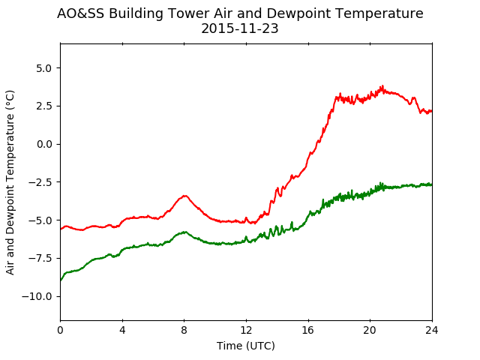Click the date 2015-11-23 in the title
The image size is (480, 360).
(240, 28)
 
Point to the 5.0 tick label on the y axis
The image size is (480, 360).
(43, 68)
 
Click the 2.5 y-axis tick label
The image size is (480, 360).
(43, 106)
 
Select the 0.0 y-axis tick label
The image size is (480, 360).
(43, 144)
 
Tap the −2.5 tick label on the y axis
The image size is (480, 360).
(40, 182)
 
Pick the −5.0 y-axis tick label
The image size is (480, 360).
(40, 220)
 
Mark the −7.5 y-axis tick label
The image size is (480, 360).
(40, 258)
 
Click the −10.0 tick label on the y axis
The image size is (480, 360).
(37, 296)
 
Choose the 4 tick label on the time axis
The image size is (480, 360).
(122, 330)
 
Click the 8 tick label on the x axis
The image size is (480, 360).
(184, 330)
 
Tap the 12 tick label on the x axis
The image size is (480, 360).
(246, 330)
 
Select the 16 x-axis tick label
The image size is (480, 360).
(308, 330)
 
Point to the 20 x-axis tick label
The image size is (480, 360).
(370, 330)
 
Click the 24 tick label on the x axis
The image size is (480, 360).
(432, 330)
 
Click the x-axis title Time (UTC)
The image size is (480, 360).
(246, 346)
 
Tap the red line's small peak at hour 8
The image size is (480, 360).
(184, 196)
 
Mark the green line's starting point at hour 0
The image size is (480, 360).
(61, 280)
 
